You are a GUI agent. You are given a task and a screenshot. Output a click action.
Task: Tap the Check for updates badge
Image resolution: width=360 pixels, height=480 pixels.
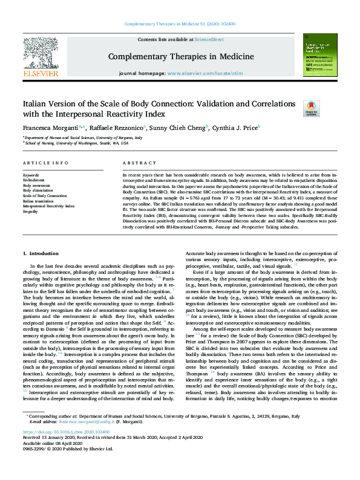pyautogui.click(x=311, y=108)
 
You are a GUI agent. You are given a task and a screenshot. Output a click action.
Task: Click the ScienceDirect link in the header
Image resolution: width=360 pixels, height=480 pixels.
pyautogui.click(x=209, y=39)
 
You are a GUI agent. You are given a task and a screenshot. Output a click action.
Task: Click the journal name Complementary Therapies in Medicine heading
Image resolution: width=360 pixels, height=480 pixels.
pyautogui.click(x=180, y=56)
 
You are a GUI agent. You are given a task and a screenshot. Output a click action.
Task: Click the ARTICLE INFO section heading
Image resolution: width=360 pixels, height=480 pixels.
pyautogui.click(x=45, y=164)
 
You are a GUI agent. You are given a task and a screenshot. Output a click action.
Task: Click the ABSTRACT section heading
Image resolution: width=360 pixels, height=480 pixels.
pyautogui.click(x=136, y=164)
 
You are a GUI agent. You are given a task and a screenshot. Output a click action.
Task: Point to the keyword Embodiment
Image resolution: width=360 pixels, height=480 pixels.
pyautogui.click(x=34, y=179)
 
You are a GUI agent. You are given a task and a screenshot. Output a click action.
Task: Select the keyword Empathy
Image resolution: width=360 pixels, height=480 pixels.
pyautogui.click(x=31, y=212)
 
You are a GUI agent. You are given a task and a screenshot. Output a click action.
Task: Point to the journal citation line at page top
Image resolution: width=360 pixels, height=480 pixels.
pyautogui.click(x=180, y=24)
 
